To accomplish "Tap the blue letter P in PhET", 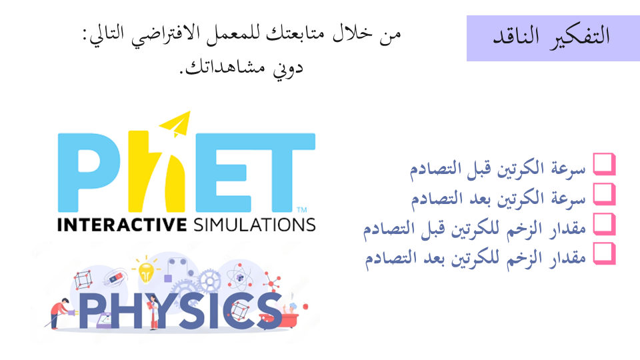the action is (x=88, y=172).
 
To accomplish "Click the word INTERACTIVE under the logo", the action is (x=121, y=225).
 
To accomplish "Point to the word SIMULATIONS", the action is (x=254, y=225).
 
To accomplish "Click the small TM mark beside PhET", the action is (x=301, y=210).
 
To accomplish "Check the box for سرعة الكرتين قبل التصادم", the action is (x=604, y=164).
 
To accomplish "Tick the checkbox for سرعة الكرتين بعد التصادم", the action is (x=604, y=194).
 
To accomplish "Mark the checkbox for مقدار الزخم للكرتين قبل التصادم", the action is (x=604, y=224).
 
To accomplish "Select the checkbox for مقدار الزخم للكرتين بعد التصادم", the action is (x=604, y=253).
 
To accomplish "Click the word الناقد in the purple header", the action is (x=516, y=36).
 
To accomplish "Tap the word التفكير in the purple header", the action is (x=579, y=37).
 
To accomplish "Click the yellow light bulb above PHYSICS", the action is (x=146, y=271).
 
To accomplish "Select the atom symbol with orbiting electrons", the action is (x=239, y=278).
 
